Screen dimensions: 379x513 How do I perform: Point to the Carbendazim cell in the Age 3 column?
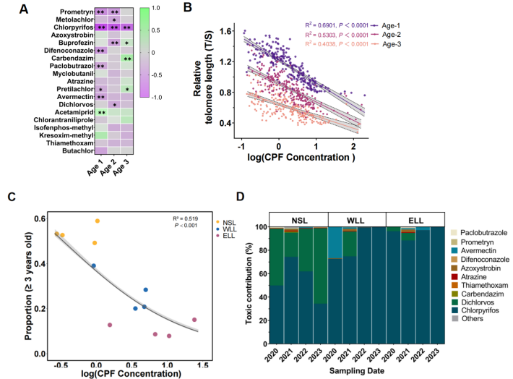tap(127, 59)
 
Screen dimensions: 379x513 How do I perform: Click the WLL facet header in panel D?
tap(356, 219)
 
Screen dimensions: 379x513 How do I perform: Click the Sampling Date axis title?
tap(355, 370)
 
